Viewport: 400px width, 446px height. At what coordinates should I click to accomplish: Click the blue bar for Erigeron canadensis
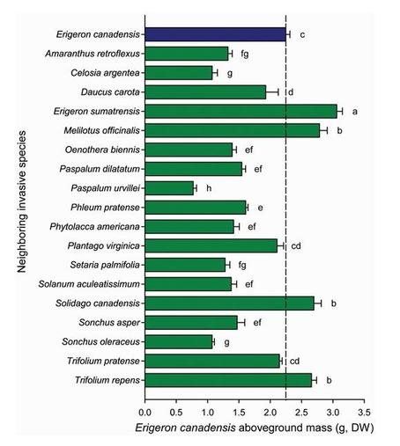(216, 34)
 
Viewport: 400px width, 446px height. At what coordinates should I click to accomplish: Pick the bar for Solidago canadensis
(229, 303)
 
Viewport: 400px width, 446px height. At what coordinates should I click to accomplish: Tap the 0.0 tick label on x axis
(145, 411)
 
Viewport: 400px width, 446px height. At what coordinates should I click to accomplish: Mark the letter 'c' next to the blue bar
(302, 35)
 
